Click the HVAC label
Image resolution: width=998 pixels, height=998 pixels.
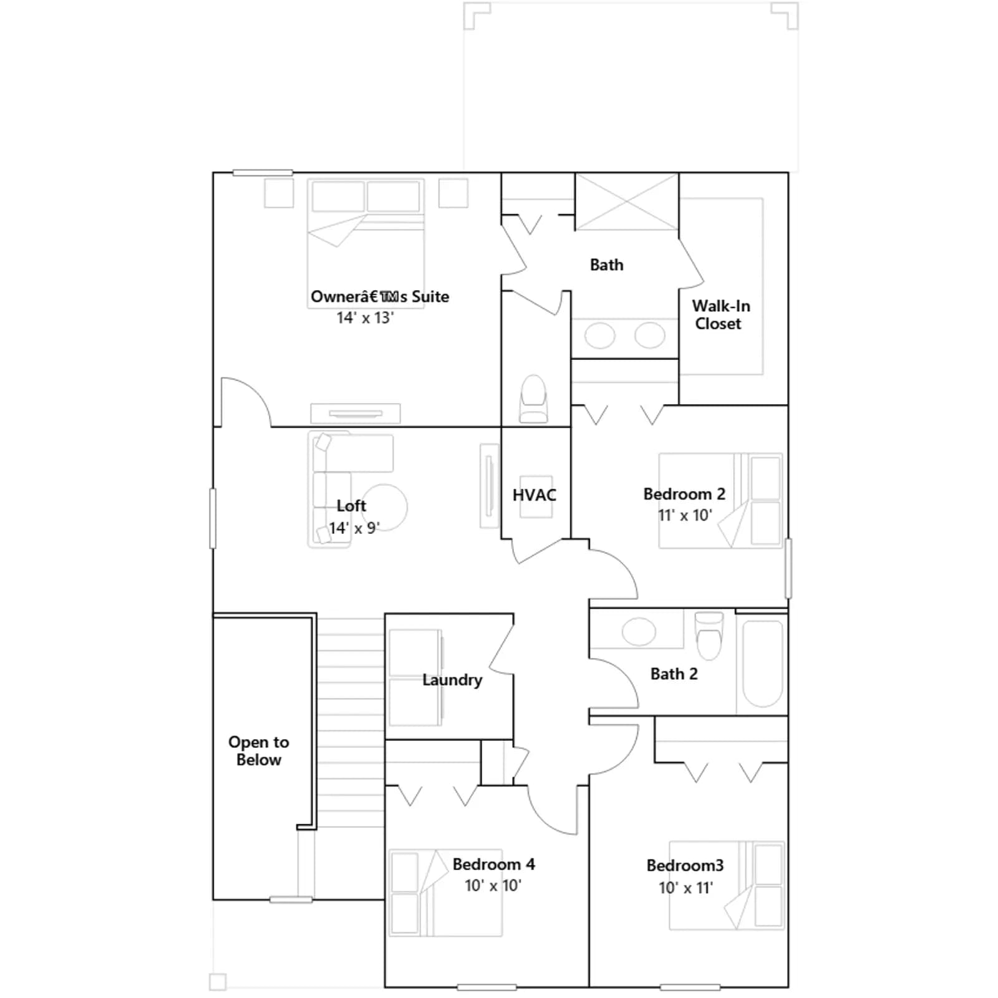coord(534,495)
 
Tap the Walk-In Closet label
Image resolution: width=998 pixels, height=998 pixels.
coord(720,315)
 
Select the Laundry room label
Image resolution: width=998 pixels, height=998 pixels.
coord(452,680)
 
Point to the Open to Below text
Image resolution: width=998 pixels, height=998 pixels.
coord(259,751)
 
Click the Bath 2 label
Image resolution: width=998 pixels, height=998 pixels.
coord(674,674)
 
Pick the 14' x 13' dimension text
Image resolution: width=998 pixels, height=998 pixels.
coord(365,317)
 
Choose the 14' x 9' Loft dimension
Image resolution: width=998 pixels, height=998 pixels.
coord(354,528)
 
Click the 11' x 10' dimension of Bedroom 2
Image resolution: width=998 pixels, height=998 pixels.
coord(684,515)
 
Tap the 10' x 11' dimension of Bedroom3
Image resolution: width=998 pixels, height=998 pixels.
coord(686,888)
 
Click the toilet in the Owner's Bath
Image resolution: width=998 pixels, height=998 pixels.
coord(533,399)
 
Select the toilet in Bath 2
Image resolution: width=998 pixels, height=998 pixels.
coord(709,635)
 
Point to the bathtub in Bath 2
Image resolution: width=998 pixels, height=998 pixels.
coord(762,663)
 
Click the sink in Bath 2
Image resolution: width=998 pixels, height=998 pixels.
coord(639,632)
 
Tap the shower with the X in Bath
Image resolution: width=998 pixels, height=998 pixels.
coord(626,201)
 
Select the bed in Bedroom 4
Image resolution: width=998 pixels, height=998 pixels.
coord(445,893)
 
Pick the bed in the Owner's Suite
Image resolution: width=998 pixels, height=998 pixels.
coord(366,243)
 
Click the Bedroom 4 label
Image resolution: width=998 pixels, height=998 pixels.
coord(493,865)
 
